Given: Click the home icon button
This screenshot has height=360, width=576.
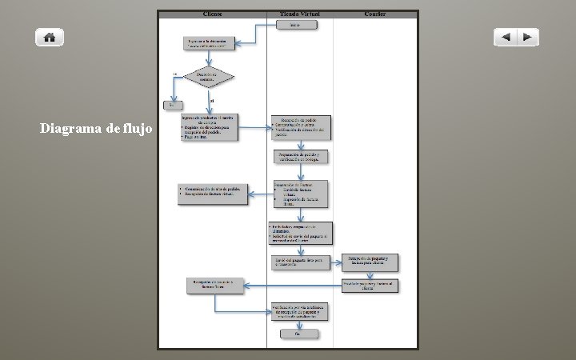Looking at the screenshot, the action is pyautogui.click(x=50, y=37).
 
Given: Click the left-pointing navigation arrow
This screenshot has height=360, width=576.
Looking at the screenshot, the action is pyautogui.click(x=505, y=37).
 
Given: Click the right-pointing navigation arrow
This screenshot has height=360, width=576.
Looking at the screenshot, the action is pyautogui.click(x=527, y=37).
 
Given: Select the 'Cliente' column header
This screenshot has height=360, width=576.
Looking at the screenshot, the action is pyautogui.click(x=213, y=14).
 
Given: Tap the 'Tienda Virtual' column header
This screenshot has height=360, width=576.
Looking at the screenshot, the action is pyautogui.click(x=299, y=14).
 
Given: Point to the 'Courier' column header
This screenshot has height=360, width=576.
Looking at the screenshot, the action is pyautogui.click(x=375, y=14).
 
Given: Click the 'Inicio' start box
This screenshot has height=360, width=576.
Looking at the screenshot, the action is pyautogui.click(x=297, y=25).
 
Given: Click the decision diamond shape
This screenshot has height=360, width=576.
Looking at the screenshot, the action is pyautogui.click(x=209, y=77).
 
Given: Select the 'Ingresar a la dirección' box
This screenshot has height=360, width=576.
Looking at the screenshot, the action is pyautogui.click(x=211, y=43).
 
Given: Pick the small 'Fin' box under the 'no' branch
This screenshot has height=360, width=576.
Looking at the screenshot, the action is pyautogui.click(x=171, y=105).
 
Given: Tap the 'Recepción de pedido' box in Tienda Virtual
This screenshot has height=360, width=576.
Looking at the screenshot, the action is pyautogui.click(x=299, y=126).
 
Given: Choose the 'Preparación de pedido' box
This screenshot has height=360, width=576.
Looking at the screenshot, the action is pyautogui.click(x=299, y=157).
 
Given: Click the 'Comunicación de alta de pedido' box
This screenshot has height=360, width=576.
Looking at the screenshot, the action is pyautogui.click(x=214, y=194).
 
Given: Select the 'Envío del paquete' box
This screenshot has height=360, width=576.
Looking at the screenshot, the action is pyautogui.click(x=299, y=262).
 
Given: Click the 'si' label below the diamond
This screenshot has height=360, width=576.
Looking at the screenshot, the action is pyautogui.click(x=212, y=100).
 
